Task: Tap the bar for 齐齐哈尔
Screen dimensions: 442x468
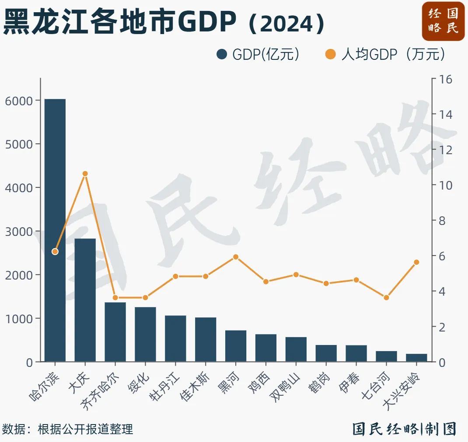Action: (115, 332)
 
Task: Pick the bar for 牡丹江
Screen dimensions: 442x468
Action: (175, 338)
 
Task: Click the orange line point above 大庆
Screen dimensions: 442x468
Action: (85, 174)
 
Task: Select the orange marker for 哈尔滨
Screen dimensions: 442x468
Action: (55, 252)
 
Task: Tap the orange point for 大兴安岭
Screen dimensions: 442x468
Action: (416, 262)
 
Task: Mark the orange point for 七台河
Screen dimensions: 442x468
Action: (386, 297)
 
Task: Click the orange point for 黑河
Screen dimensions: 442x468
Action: (236, 257)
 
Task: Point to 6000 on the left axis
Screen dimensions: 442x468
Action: (19, 101)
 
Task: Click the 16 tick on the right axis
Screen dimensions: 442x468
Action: (445, 79)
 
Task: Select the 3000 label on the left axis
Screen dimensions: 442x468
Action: (19, 231)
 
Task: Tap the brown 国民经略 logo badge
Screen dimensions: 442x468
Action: (443, 21)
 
